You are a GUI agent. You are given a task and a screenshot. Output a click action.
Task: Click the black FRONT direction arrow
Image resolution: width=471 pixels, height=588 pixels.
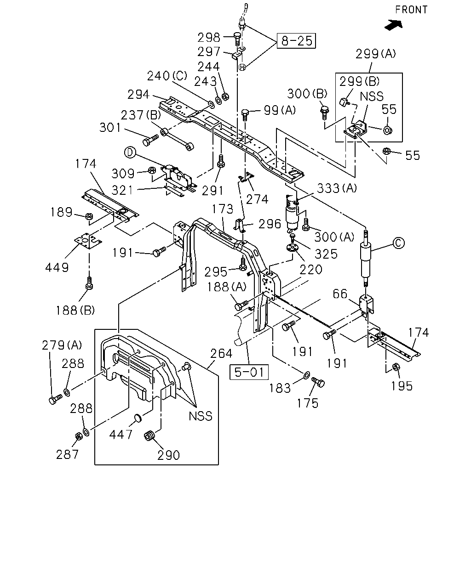coord(394,25)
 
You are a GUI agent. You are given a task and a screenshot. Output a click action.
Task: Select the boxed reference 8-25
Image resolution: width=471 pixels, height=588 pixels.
coord(296,41)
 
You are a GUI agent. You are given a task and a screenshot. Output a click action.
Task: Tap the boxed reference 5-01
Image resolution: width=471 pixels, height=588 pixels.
coord(249,372)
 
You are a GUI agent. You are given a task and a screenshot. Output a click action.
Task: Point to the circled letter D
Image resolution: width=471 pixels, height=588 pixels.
coord(130,152)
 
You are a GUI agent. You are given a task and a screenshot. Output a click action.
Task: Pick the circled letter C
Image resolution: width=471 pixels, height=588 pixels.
coord(398,243)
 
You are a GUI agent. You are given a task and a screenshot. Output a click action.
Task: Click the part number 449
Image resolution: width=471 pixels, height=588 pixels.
coord(57,267)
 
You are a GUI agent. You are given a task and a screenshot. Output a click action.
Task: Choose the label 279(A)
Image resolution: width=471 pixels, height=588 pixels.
coord(62,345)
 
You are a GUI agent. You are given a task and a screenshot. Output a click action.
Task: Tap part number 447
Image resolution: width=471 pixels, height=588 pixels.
coord(121,434)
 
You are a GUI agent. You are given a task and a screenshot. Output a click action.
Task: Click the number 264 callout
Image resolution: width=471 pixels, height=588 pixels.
coord(221,353)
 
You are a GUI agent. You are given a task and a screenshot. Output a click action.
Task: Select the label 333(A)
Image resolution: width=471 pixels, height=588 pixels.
coord(337,188)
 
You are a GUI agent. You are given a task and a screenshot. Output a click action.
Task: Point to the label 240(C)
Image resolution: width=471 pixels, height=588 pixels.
coord(167,76)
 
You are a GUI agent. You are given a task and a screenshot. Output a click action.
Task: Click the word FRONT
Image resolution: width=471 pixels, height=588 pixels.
coord(411,10)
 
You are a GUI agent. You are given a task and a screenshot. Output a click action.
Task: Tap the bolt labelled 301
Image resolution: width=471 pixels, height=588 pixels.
coord(150,140)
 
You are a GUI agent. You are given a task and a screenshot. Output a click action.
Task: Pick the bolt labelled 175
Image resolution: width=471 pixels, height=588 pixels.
coord(318,382)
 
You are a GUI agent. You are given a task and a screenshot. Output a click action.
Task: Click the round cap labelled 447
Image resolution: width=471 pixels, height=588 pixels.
coord(138,418)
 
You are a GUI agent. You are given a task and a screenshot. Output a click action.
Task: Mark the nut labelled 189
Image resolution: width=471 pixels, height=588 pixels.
coord(89,216)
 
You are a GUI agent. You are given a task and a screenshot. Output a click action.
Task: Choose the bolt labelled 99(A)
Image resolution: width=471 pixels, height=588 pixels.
coord(245,114)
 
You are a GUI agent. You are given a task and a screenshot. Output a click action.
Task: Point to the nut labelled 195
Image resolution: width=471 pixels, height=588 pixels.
coord(396,367)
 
